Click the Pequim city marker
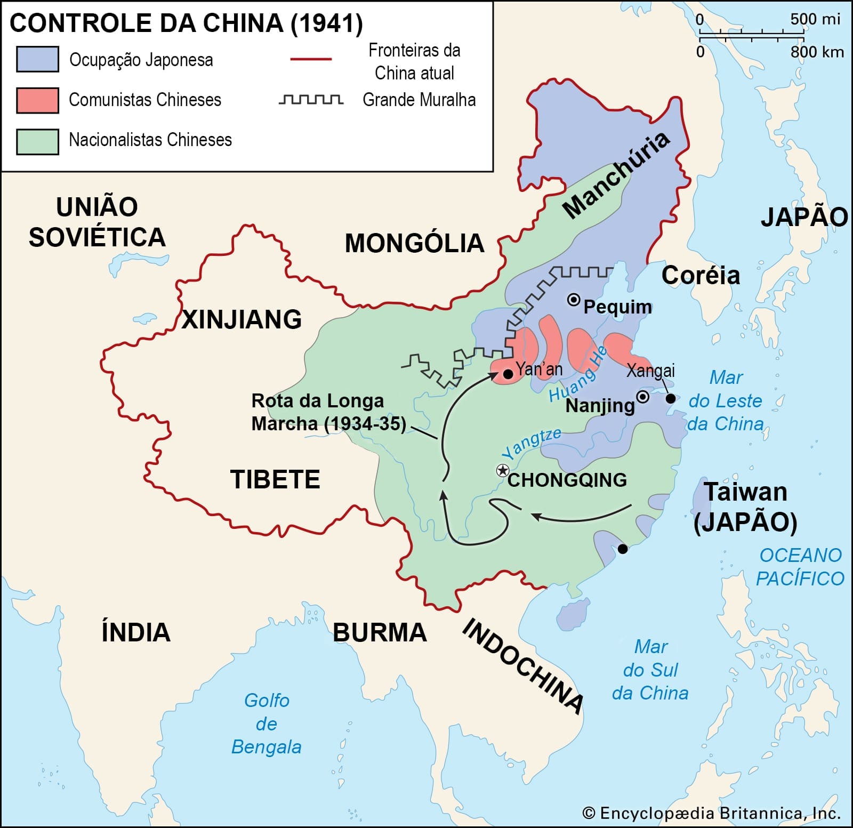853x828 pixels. [x=574, y=300]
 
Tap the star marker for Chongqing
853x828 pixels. [x=502, y=470]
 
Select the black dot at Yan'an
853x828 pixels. [x=508, y=374]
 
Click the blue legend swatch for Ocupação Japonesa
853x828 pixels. [x=37, y=59]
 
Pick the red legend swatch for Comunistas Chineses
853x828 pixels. [x=37, y=100]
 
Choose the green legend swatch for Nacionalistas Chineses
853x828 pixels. [x=37, y=141]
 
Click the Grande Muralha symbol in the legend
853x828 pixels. [x=311, y=100]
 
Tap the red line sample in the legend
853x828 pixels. [x=311, y=59]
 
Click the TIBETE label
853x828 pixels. [x=275, y=479]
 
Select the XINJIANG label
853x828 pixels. [x=242, y=319]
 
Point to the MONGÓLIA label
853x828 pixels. [x=414, y=243]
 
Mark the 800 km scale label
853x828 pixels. [x=817, y=52]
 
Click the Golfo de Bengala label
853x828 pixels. [x=267, y=724]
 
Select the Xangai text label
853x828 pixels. [x=650, y=370]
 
